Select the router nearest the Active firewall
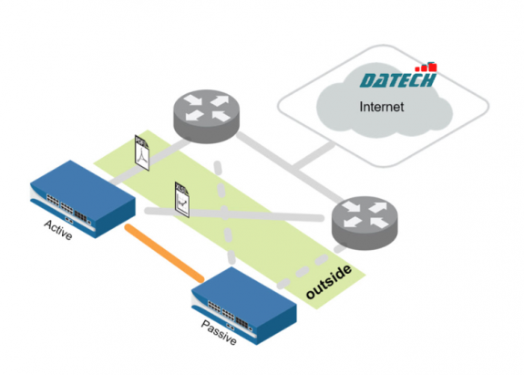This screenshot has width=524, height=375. point(204,114)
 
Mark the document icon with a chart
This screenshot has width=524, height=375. point(181,197)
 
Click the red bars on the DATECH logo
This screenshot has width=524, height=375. point(427,67)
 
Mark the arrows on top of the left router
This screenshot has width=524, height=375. point(204,106)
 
